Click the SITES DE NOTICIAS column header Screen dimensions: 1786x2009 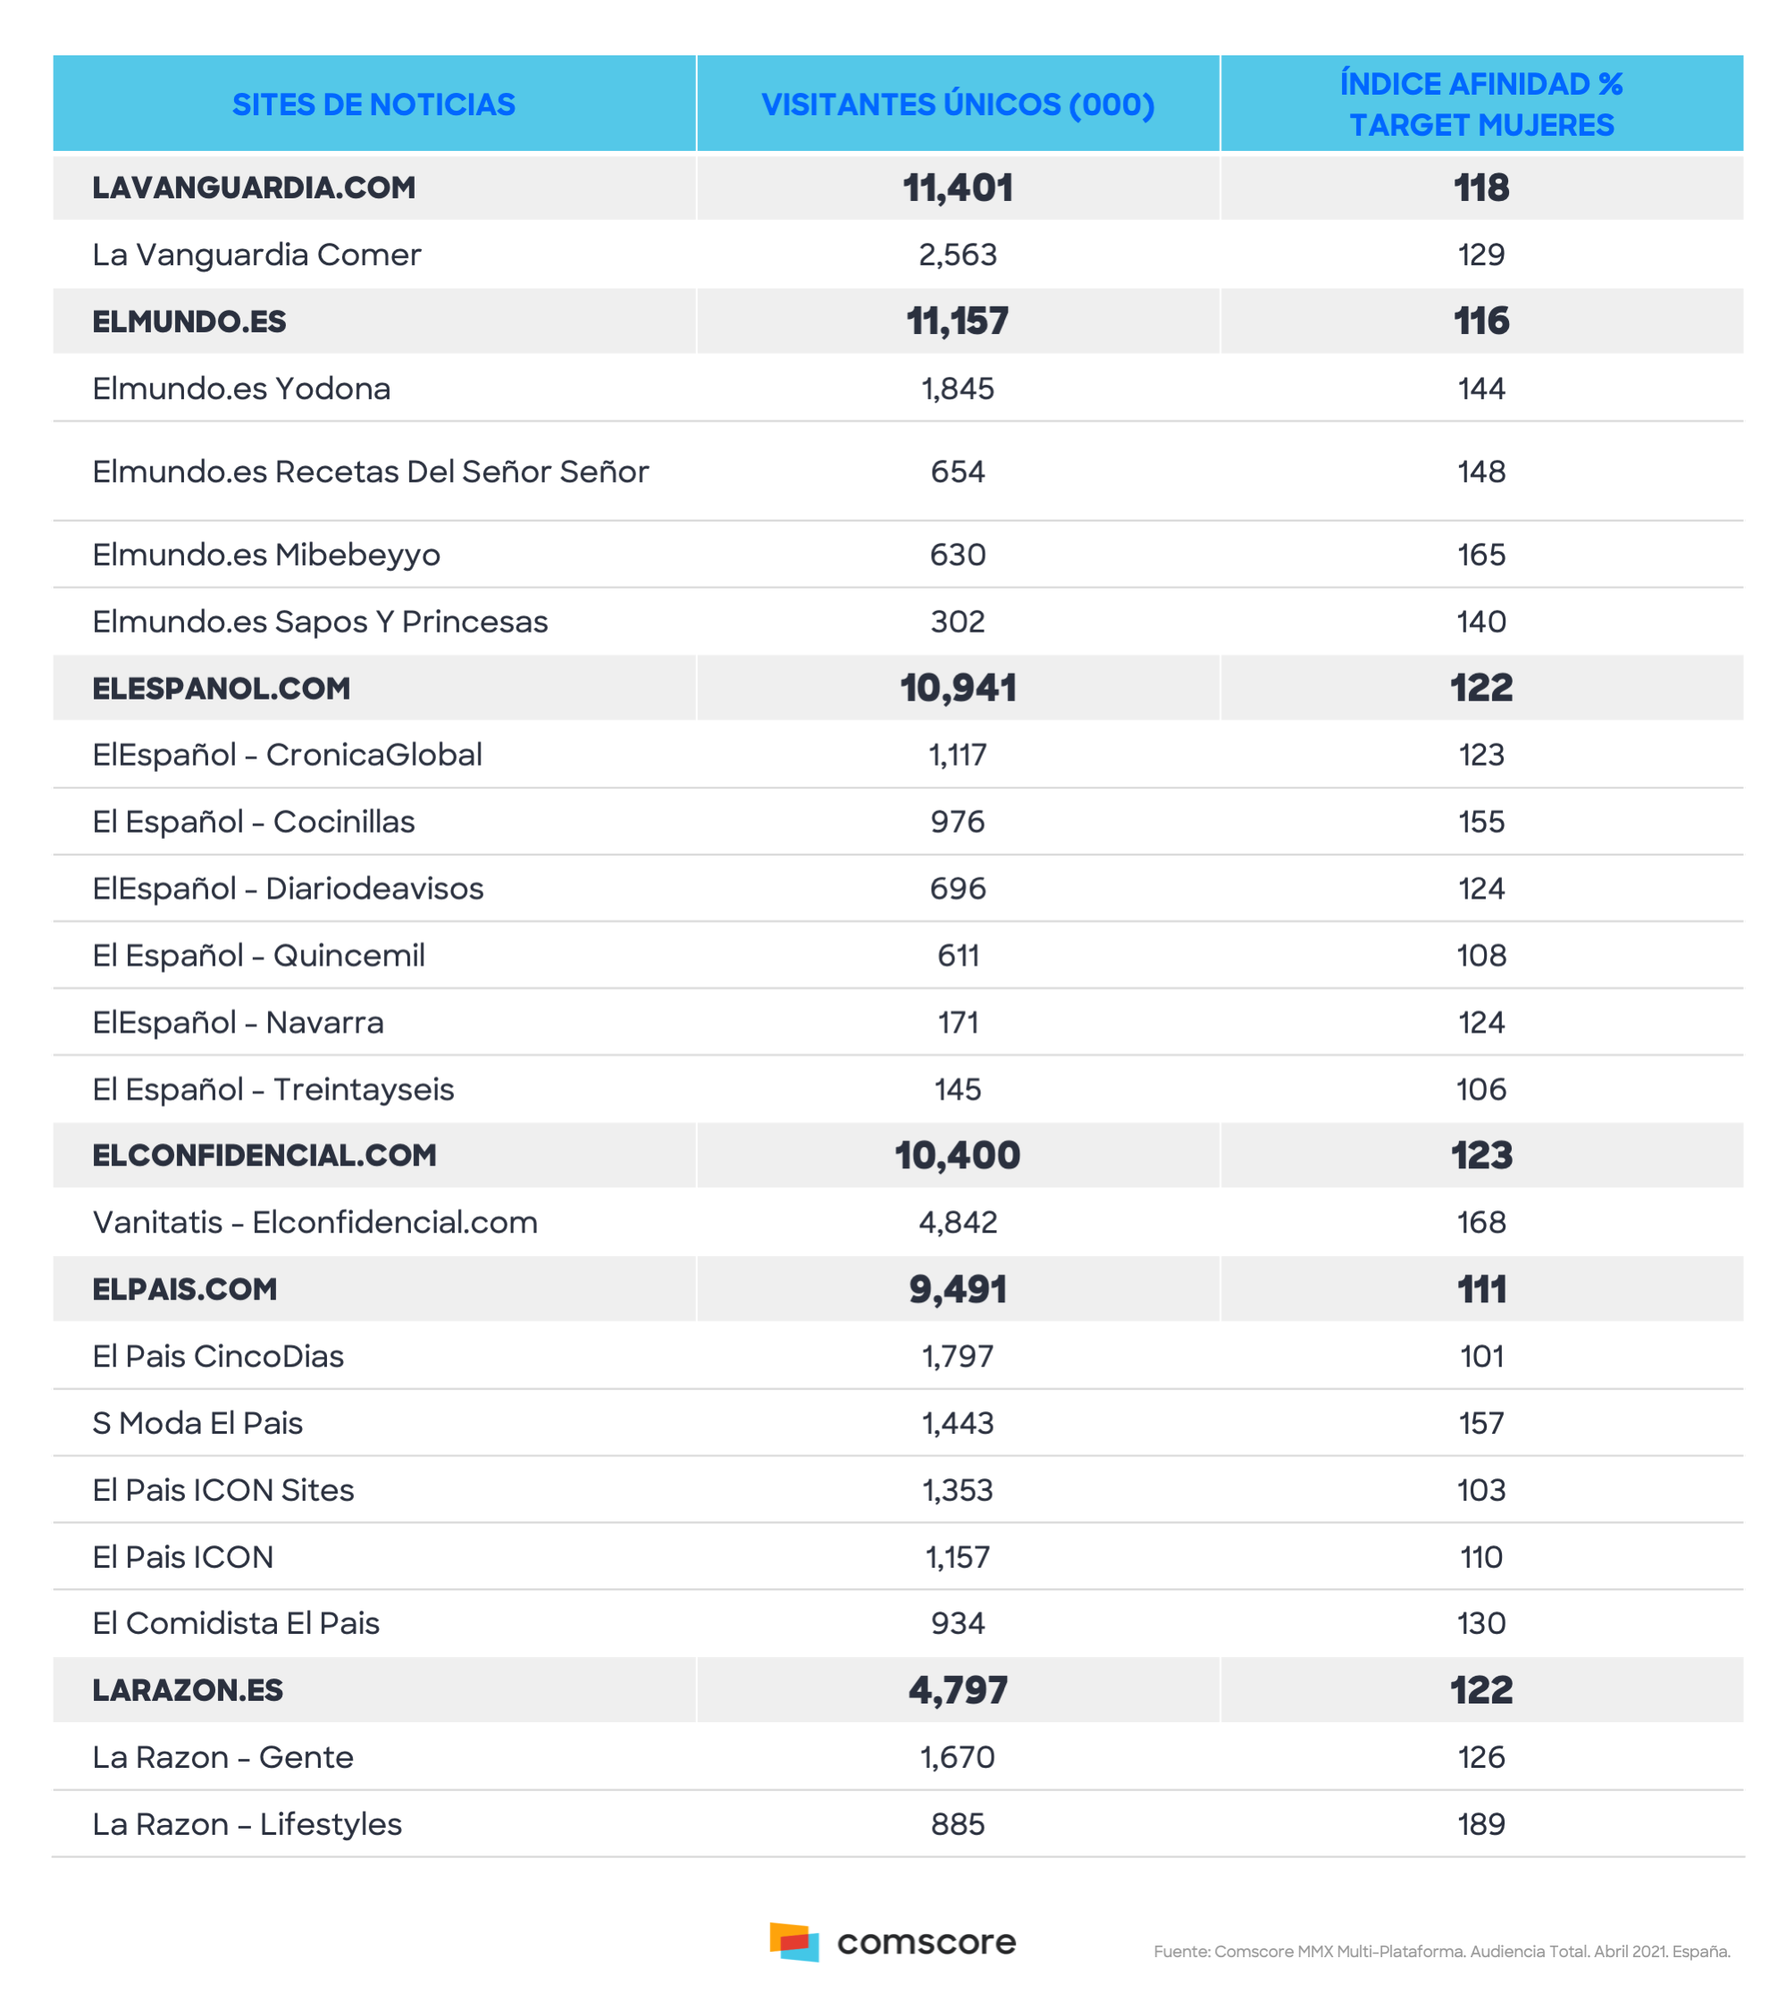(373, 105)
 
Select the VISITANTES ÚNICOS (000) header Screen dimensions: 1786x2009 (958, 105)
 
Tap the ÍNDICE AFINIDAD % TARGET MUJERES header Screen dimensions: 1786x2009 (1481, 105)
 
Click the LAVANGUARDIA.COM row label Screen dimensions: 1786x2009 (254, 188)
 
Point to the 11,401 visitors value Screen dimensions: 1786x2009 (958, 188)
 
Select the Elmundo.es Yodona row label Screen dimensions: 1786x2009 (241, 389)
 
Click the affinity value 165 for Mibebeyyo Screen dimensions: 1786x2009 (1481, 556)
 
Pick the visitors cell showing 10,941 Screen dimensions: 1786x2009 (958, 688)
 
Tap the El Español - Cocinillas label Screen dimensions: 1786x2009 (254, 822)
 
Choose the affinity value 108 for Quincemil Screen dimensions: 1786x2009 (1481, 955)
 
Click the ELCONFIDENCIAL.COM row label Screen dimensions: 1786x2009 (264, 1156)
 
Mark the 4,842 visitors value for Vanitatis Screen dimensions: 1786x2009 (958, 1223)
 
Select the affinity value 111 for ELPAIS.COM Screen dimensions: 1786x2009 (1481, 1290)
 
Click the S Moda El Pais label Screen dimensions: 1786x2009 (197, 1423)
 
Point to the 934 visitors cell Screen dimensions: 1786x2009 (958, 1624)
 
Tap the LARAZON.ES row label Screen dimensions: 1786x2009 (188, 1691)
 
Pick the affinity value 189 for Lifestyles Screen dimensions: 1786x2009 (1481, 1824)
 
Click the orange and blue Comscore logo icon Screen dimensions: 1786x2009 (794, 1941)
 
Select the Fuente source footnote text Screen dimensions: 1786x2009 (1441, 1952)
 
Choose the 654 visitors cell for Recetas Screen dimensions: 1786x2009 (958, 472)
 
